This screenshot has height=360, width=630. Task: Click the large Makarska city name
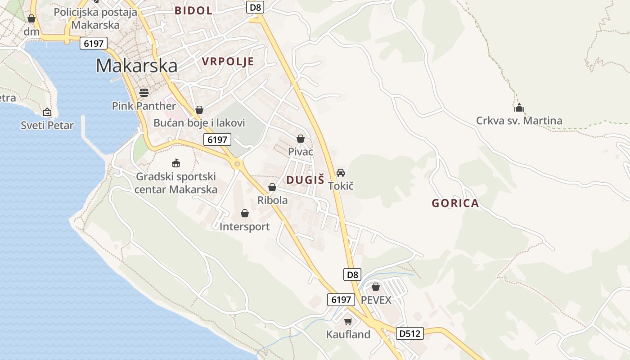pos(136,66)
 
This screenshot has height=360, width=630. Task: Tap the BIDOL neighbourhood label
pos(193,11)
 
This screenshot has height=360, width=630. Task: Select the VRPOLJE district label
pos(228,62)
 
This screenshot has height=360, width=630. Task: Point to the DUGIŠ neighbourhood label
pos(305,180)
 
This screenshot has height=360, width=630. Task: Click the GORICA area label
pos(455,203)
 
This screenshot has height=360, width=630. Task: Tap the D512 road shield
pos(410,333)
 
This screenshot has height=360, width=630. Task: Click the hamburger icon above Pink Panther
pos(144,93)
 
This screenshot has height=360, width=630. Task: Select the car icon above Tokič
pos(341,172)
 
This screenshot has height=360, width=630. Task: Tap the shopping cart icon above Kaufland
pos(348,321)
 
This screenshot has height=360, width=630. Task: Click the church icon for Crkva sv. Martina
pos(519,108)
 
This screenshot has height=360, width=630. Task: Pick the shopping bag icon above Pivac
pos(300,139)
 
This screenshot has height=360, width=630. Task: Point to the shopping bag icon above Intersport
pos(245,213)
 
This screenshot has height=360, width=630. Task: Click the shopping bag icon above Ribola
pos(272,187)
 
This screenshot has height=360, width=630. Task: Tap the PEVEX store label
pos(376,300)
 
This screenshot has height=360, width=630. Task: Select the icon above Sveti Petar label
pos(47,112)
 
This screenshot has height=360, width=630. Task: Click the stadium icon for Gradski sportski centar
pos(176,163)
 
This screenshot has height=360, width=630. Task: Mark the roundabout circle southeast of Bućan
pos(237,164)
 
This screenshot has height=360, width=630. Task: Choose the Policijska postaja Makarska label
pos(95,18)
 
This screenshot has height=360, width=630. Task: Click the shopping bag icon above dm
pos(31,18)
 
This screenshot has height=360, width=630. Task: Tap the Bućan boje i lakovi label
pos(199,123)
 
